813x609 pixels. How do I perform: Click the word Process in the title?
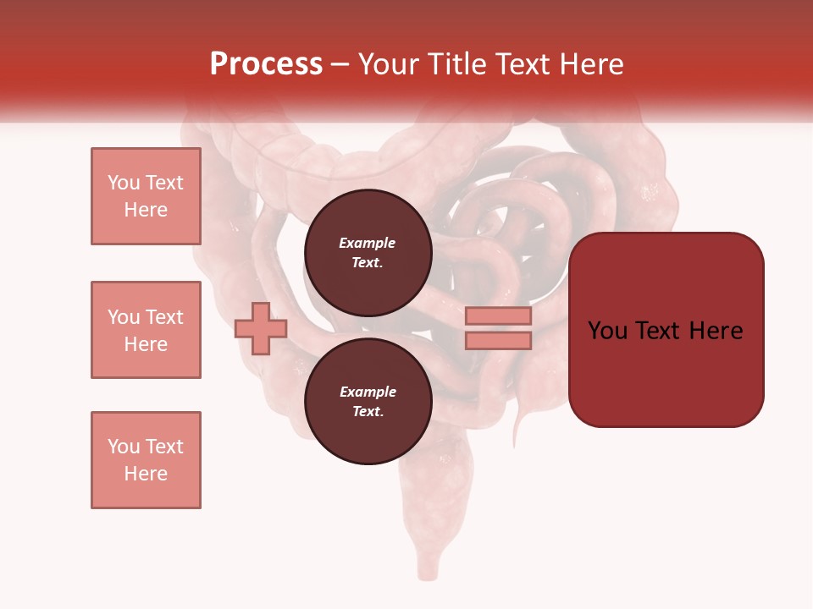266,64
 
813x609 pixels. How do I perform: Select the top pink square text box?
146,196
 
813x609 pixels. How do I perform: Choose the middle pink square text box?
146,330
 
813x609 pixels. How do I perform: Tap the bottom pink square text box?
146,460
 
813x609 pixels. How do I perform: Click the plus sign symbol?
261,328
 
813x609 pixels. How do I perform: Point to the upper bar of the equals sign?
499,316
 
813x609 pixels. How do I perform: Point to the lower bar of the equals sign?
499,340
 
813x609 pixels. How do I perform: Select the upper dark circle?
368,253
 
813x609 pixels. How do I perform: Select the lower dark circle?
368,402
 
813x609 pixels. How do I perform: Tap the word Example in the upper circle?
368,243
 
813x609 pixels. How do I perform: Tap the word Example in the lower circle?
368,392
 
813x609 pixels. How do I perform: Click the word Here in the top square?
146,210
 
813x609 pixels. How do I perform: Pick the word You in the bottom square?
123,447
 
